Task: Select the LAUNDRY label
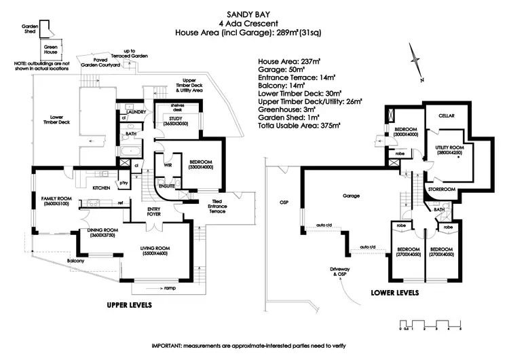coord(136,111)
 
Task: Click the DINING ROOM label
coord(103,232)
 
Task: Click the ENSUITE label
coord(167,185)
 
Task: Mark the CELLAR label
coord(445,116)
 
